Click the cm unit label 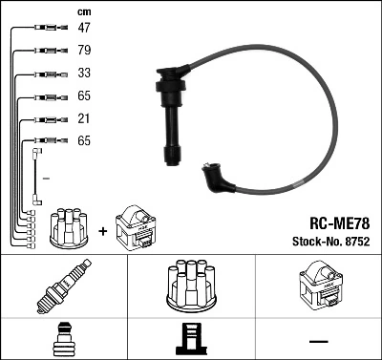pos(84,11)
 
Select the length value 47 pos(84,30)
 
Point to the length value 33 pos(84,74)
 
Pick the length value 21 pos(84,118)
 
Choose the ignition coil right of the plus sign pos(136,227)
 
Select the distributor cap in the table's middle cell pos(191,286)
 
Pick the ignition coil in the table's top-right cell pos(318,286)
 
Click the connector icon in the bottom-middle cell pos(191,340)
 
